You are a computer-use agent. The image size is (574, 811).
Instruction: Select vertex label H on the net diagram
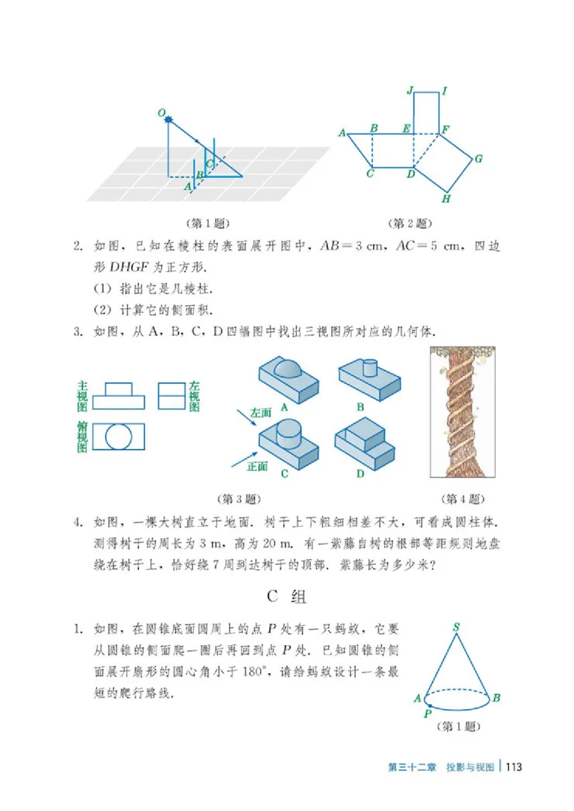pyautogui.click(x=446, y=199)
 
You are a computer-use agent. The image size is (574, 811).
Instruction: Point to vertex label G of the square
pyautogui.click(x=478, y=159)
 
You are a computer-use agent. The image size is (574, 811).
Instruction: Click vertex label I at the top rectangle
pyautogui.click(x=446, y=90)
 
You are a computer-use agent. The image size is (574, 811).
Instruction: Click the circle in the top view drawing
pyautogui.click(x=118, y=436)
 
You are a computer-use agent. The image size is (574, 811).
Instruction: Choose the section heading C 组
pyautogui.click(x=287, y=595)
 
